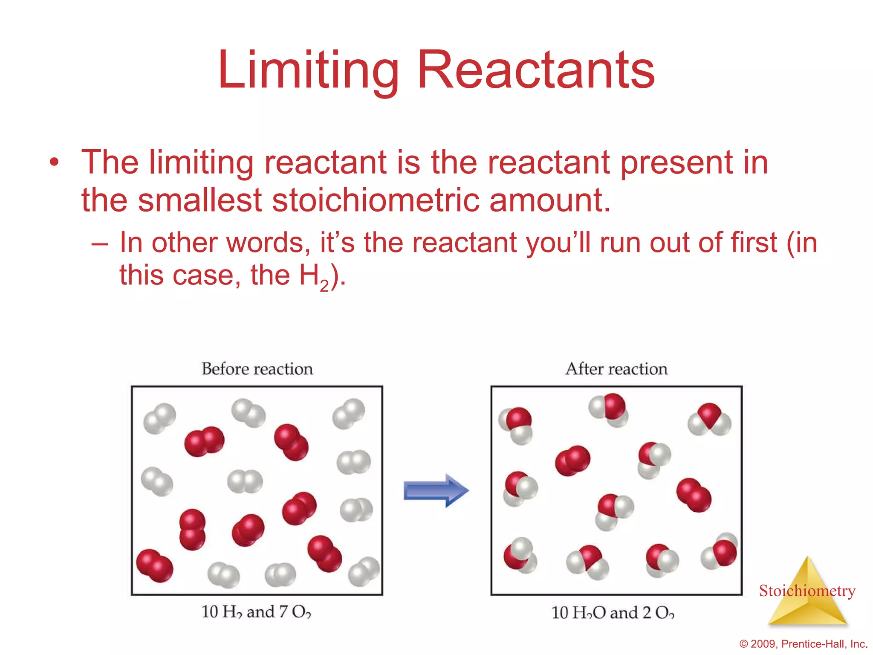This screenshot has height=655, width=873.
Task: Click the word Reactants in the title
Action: (536, 70)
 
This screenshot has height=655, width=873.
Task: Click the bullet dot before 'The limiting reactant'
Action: (54, 162)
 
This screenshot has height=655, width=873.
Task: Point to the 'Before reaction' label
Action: (257, 369)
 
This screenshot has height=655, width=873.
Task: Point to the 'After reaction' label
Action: (616, 369)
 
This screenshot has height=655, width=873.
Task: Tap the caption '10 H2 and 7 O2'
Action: (256, 612)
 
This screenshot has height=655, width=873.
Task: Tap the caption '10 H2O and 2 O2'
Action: (613, 613)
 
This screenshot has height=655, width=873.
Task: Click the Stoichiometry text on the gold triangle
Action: (807, 591)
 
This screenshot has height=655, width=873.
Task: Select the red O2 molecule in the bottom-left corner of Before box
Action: (155, 565)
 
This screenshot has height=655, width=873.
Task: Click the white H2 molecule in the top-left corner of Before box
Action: (159, 418)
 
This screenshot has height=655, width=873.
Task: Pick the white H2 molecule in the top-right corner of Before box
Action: (349, 413)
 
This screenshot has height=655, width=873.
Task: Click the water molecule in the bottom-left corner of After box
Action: (520, 555)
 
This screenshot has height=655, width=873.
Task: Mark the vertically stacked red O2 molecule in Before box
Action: (192, 530)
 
